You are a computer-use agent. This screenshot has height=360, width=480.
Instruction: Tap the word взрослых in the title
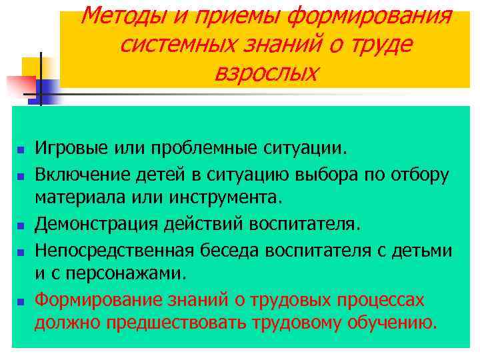pyautogui.click(x=265, y=73)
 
